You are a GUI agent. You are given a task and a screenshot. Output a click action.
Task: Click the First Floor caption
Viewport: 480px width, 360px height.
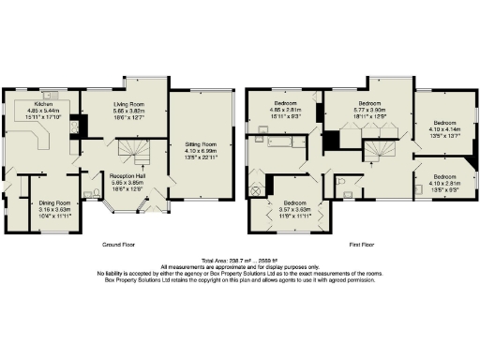point(362,244)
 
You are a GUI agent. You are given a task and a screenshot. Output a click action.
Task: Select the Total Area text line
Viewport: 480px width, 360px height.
point(239,260)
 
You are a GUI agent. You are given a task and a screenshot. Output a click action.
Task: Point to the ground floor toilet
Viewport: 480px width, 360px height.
point(87,194)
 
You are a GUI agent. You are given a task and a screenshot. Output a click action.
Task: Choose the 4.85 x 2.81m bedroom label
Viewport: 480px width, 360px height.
point(286,108)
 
